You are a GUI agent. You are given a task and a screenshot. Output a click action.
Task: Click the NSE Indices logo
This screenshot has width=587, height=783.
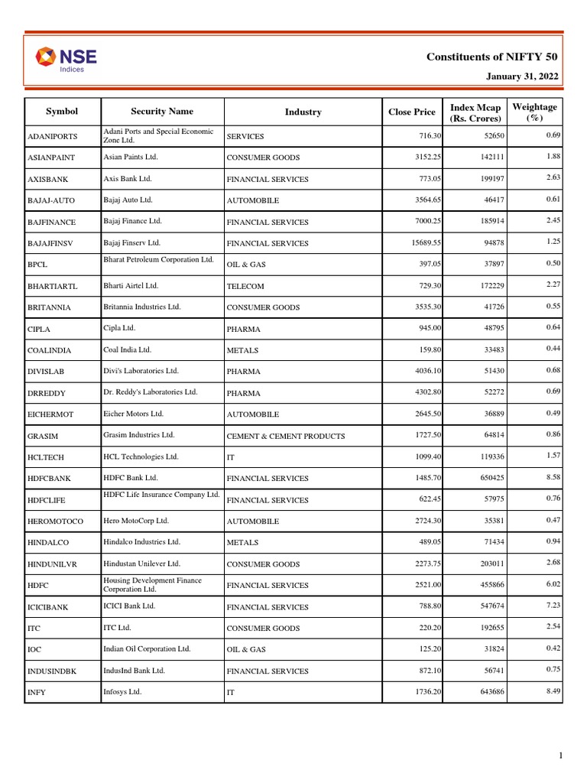[66, 59]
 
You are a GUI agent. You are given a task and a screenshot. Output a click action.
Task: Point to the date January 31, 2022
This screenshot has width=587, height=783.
[522, 76]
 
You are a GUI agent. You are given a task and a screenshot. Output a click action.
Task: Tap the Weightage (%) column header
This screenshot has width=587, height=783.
[534, 112]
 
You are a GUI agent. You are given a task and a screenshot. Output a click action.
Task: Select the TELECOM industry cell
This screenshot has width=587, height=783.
[245, 286]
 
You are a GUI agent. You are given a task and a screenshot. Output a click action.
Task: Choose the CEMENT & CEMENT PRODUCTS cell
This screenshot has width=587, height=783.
[286, 436]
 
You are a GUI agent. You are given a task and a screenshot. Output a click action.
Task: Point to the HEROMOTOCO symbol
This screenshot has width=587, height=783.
[57, 521]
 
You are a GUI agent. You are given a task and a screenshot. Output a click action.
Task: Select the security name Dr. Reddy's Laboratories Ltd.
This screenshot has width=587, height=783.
[151, 391]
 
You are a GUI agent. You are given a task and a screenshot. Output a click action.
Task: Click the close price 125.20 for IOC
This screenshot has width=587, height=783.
[426, 650]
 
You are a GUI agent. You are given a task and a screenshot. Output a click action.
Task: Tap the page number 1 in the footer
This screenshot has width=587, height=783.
[560, 756]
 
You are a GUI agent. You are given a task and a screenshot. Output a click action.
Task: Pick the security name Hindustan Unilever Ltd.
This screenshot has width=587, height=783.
[151, 563]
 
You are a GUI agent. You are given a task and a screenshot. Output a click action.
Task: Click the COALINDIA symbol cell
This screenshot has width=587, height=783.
[50, 350]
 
